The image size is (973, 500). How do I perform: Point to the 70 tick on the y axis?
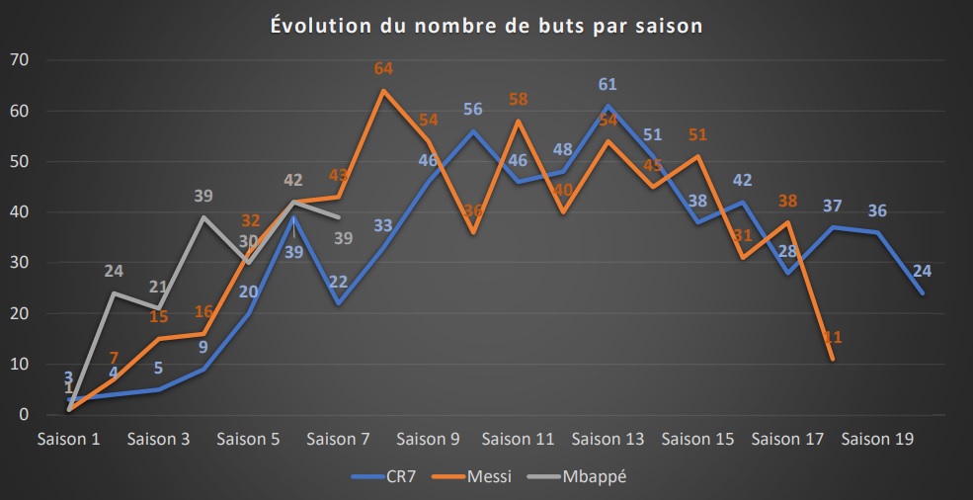click(x=20, y=60)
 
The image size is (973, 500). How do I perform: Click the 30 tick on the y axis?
click(x=20, y=263)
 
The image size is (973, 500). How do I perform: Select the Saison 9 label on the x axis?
click(x=428, y=438)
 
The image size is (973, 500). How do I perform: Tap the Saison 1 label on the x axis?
click(x=68, y=438)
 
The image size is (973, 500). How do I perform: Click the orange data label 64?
click(x=383, y=69)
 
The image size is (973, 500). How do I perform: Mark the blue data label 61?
click(x=608, y=84)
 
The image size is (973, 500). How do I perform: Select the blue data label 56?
click(x=473, y=110)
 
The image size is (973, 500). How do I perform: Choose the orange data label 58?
click(x=519, y=99)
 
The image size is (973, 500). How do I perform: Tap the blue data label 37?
click(x=833, y=206)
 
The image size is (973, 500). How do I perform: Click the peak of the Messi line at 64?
click(x=383, y=91)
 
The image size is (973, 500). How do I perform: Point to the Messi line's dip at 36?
click(x=473, y=233)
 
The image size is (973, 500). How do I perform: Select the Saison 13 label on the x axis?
click(x=608, y=438)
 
